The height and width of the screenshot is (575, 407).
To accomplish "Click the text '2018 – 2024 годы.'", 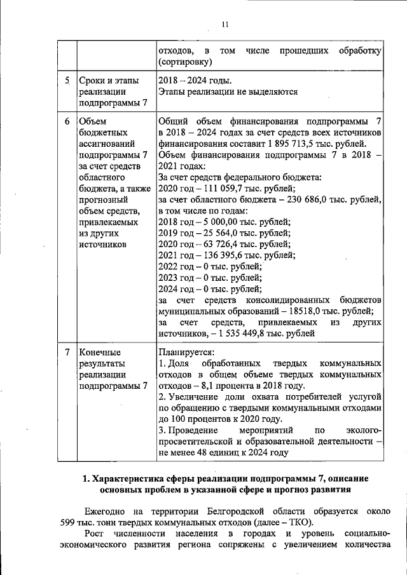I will [195, 81].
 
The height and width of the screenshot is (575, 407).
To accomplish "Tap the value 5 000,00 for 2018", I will [219, 222].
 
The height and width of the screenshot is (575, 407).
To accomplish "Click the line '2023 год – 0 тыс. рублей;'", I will [210, 278].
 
